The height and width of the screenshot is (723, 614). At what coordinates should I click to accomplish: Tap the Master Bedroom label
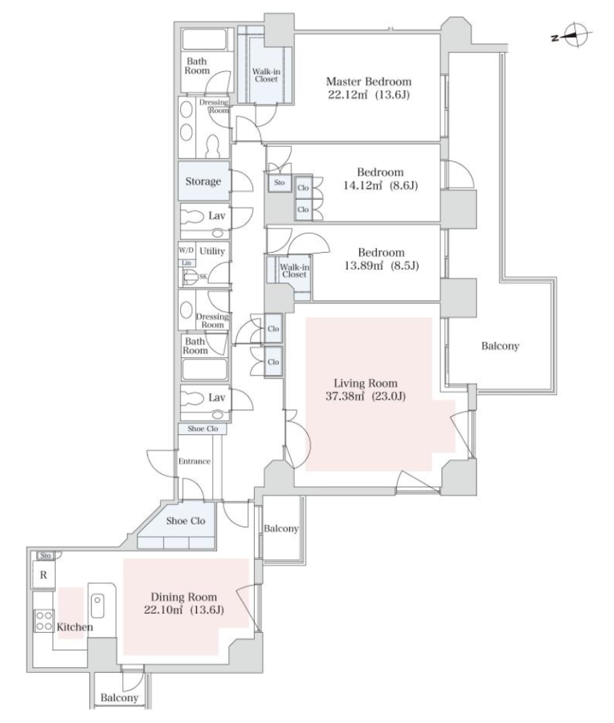(x=369, y=82)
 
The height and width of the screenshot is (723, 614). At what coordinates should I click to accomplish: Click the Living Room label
(x=366, y=383)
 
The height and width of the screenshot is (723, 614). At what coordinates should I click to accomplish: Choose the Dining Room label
(x=184, y=597)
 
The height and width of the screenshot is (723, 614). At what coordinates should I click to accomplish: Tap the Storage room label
(x=203, y=181)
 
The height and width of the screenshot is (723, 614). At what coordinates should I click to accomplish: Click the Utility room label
(x=212, y=251)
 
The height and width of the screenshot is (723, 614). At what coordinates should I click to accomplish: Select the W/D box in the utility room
(x=187, y=251)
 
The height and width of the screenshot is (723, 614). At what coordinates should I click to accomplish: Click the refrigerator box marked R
(x=43, y=575)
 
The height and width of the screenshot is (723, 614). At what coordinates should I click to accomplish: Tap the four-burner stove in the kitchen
(x=44, y=621)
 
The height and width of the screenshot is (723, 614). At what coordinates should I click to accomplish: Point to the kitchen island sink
(x=97, y=606)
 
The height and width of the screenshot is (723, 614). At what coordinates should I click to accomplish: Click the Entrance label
(x=195, y=461)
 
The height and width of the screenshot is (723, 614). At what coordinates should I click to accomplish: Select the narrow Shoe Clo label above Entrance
(x=203, y=429)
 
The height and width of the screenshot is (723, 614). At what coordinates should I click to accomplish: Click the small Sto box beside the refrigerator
(x=45, y=556)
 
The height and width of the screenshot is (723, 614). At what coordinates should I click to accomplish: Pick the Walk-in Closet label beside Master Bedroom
(x=266, y=76)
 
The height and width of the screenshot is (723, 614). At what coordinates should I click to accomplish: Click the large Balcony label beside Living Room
(x=500, y=346)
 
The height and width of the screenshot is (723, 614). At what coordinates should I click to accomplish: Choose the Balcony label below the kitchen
(x=119, y=698)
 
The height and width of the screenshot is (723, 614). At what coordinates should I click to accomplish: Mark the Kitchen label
(x=75, y=627)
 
